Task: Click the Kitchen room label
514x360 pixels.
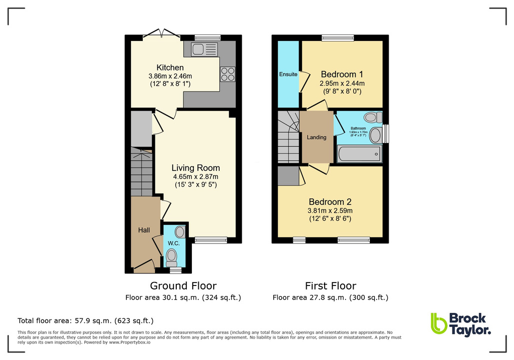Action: [170, 67]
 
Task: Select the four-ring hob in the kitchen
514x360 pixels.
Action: [227, 74]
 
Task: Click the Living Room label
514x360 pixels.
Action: [195, 168]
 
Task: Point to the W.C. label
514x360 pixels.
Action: [173, 243]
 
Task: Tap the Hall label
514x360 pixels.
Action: [144, 230]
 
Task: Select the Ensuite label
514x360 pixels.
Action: [288, 74]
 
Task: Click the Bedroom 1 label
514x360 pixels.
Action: [342, 74]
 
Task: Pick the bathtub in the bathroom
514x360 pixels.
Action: [359, 153]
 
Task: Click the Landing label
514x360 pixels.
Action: [317, 137]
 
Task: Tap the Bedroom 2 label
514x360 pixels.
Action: [330, 202]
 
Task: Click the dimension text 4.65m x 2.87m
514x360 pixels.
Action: [195, 177]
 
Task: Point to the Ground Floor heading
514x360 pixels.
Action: [183, 286]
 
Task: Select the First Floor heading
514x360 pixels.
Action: [330, 286]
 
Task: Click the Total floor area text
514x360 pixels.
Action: [85, 320]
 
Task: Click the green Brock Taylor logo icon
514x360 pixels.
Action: [438, 323]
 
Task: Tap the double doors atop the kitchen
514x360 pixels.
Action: [162, 34]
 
